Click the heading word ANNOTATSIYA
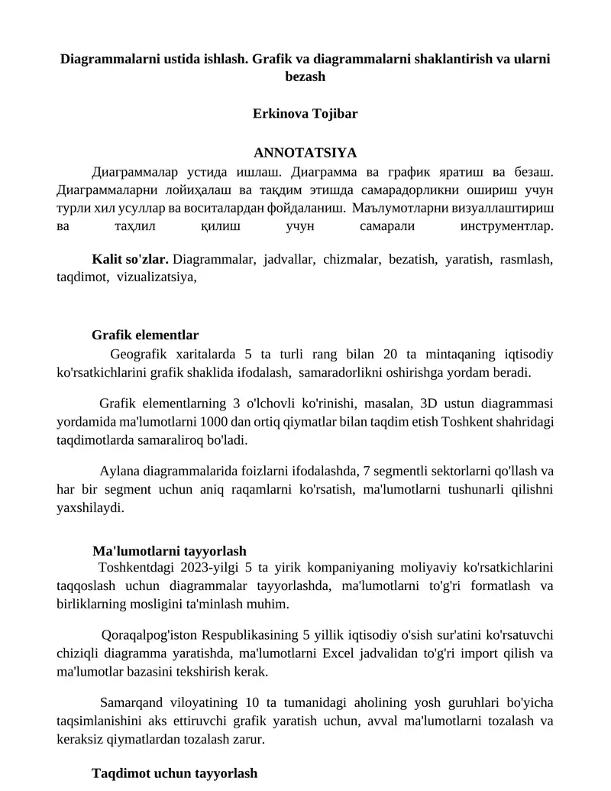click(305, 153)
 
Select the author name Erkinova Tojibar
click(305, 114)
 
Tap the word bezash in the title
click(305, 76)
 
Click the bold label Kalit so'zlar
click(130, 260)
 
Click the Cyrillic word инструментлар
click(506, 226)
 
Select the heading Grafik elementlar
click(145, 335)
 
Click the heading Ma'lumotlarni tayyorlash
click(169, 550)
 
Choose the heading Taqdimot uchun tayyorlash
click(174, 773)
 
